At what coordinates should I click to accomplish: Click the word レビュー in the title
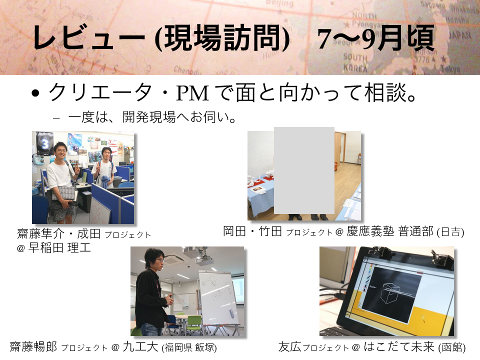tap(89, 37)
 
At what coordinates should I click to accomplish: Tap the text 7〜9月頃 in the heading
tap(376, 38)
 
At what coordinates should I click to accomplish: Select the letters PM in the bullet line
tap(192, 93)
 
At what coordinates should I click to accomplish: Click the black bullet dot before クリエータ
tap(36, 93)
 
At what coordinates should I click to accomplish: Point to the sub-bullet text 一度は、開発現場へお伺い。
tap(152, 117)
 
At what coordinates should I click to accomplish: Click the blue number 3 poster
tap(45, 143)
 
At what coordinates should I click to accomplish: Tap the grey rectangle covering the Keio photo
tap(304, 170)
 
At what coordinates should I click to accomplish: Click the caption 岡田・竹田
tap(252, 231)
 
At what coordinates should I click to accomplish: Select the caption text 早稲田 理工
tap(59, 247)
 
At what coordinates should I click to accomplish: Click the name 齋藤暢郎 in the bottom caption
tap(33, 347)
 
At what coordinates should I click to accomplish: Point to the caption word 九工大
tap(140, 347)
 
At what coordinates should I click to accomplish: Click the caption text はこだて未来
tap(399, 347)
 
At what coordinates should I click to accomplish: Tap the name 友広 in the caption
tap(290, 347)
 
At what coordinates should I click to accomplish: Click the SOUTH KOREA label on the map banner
tap(355, 62)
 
